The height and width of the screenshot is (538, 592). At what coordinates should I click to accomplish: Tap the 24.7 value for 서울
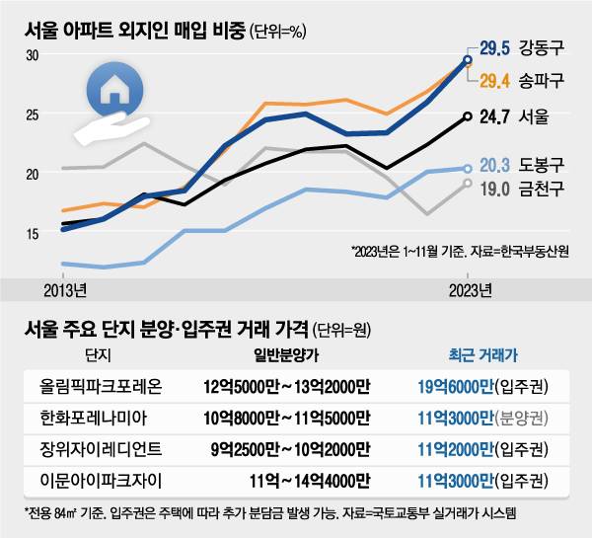(x=496, y=116)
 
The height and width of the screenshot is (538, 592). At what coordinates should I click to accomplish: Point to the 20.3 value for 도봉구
(x=497, y=165)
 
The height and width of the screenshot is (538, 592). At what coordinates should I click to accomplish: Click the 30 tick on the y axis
(x=33, y=55)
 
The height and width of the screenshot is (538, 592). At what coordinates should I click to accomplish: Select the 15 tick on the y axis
(x=33, y=233)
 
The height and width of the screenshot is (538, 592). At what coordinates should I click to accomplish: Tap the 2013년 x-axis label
(x=64, y=290)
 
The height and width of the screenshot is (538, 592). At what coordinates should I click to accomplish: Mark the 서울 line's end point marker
(x=467, y=115)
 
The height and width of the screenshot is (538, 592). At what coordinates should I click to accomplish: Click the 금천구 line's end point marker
(x=467, y=183)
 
